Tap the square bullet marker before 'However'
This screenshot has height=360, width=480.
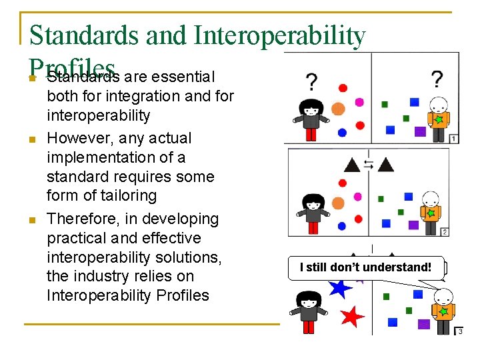coord(31,139)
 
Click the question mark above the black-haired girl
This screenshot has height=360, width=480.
coord(311,82)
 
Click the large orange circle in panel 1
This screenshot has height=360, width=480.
coord(338,109)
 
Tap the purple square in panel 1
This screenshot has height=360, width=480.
coord(420,131)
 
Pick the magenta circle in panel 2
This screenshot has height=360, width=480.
coord(358,197)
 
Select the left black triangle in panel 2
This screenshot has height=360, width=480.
coord(351,163)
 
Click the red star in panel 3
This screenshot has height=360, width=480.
coord(352,316)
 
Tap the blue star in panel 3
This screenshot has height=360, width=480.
coord(340,287)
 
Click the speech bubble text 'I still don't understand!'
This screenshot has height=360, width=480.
coord(365,267)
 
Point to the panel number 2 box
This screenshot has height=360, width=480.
coord(445,231)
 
